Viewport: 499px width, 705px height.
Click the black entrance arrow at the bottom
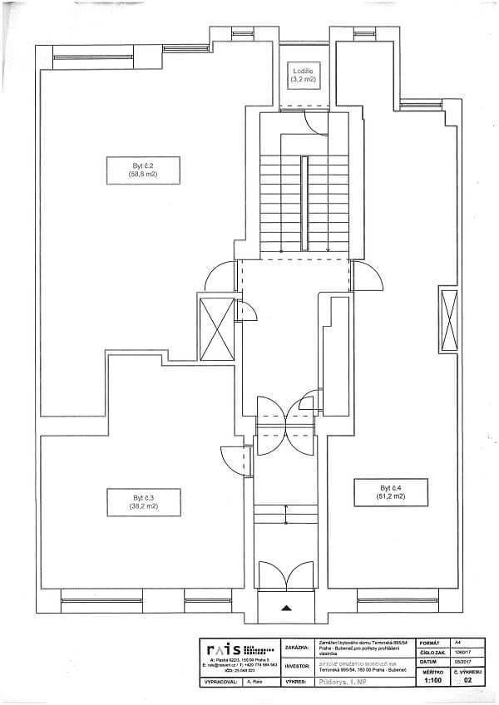pos(287,608)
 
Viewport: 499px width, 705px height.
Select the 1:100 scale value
pos(432,680)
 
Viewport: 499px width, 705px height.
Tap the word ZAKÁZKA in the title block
pos(298,647)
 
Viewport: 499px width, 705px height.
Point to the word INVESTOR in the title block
pos(298,666)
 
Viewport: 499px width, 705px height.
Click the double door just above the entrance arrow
pos(286,577)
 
